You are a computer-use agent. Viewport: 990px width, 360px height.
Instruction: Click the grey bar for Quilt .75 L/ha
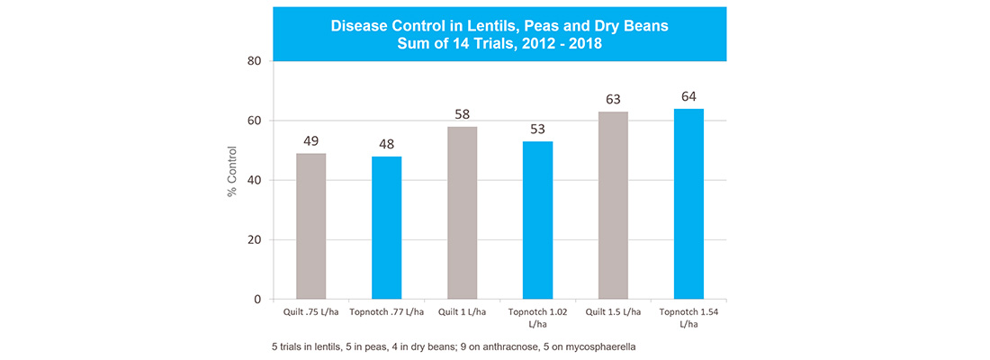point(311,226)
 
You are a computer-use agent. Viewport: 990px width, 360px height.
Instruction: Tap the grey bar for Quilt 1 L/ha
point(463,212)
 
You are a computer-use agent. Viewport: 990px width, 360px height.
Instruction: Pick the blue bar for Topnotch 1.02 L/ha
point(538,220)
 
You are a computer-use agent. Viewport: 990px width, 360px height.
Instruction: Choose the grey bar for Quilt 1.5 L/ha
point(613,205)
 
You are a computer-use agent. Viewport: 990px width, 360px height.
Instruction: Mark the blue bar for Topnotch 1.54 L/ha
point(688,203)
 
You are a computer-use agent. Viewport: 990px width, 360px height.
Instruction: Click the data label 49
point(311,141)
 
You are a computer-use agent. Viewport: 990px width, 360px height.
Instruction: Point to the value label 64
point(688,96)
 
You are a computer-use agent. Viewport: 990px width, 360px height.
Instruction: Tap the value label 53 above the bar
point(538,129)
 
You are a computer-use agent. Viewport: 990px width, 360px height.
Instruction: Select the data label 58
point(463,114)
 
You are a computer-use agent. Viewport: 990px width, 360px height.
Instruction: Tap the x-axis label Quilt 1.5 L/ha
point(613,311)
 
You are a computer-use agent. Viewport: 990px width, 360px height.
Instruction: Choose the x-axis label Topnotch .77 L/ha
point(387,311)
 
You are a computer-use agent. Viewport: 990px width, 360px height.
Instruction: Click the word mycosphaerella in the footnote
point(604,346)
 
